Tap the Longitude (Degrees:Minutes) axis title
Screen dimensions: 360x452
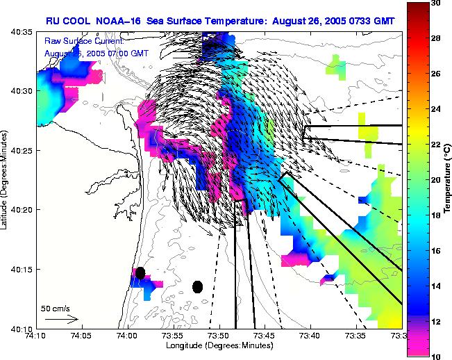[x=218, y=345]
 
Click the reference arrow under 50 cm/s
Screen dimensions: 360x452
[x=61, y=318]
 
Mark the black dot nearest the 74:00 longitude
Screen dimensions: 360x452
[x=140, y=273]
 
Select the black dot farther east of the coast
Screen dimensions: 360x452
[x=198, y=286]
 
